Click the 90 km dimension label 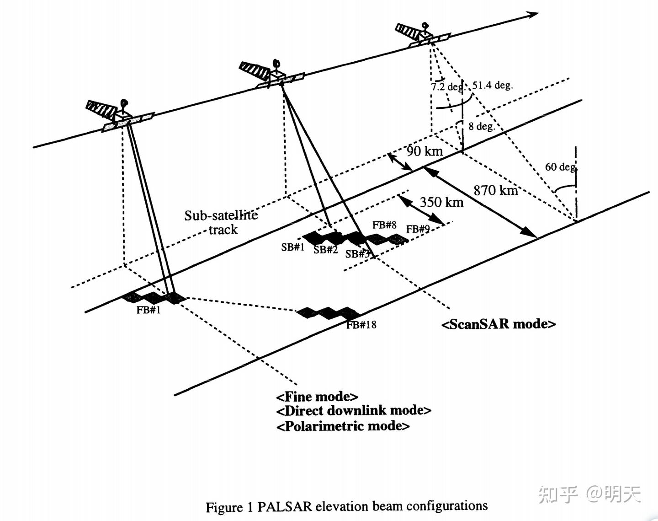(425, 151)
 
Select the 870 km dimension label (495, 190)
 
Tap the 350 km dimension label (441, 202)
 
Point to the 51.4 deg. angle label (492, 85)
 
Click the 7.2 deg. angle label (447, 86)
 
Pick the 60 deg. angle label (560, 167)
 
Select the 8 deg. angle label (481, 126)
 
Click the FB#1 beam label (149, 310)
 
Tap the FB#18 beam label (361, 325)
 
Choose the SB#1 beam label (292, 247)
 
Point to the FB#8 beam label (384, 225)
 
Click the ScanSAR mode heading (499, 324)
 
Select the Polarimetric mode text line (343, 426)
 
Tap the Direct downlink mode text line (353, 410)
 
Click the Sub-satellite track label (221, 222)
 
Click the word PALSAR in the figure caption (284, 507)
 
